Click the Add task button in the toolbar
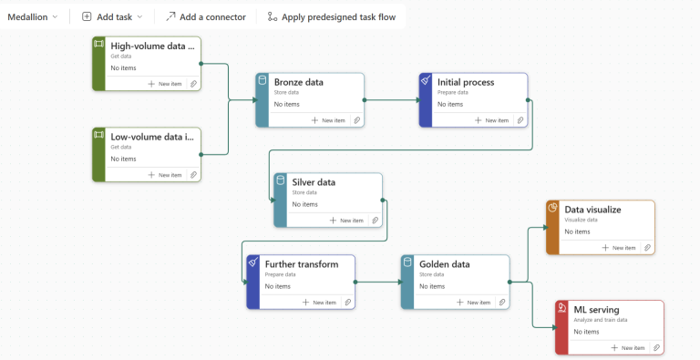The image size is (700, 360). point(112,17)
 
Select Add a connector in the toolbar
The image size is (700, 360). point(206,17)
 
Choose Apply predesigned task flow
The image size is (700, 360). point(331,17)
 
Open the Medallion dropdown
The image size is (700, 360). point(33,17)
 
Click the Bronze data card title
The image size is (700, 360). point(299,82)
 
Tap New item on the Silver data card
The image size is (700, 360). point(346,221)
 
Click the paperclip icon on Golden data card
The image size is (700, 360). point(502,303)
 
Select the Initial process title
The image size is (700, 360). point(466,82)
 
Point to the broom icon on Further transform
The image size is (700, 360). point(253,262)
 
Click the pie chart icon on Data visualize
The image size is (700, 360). point(552,208)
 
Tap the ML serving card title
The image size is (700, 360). point(596,310)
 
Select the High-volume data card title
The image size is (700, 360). point(153,46)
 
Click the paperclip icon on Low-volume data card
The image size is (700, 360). point(194,175)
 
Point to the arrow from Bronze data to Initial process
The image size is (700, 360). point(392,100)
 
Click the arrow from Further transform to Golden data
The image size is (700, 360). point(379,282)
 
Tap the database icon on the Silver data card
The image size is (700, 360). point(281,180)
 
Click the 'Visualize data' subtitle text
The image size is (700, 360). point(581,220)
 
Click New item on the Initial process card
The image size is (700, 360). point(492,120)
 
